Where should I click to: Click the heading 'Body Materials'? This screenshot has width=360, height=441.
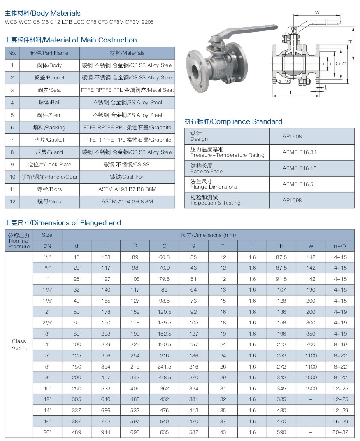[43, 13]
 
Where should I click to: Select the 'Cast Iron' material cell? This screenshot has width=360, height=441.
[127, 177]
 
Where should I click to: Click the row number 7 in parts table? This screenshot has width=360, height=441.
[12, 140]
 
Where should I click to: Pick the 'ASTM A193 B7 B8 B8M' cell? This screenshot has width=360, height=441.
[127, 189]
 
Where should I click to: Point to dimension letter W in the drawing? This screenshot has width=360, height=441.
[317, 13]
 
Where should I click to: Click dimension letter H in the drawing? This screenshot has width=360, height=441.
[351, 42]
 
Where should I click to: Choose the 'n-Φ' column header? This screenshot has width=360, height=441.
[340, 246]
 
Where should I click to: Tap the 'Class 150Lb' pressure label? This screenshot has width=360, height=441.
[19, 345]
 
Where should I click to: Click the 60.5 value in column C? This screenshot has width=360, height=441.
[164, 257]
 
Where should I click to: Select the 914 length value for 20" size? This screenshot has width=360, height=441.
[106, 432]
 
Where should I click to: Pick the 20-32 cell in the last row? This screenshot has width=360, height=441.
[340, 432]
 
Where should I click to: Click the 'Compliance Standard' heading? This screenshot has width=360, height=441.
[234, 121]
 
